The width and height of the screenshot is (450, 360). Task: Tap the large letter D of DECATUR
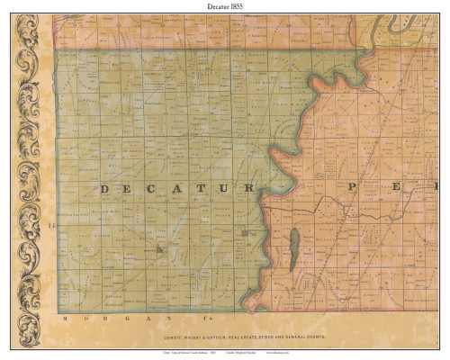coord(104,189)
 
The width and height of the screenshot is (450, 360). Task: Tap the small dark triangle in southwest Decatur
coord(159,248)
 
